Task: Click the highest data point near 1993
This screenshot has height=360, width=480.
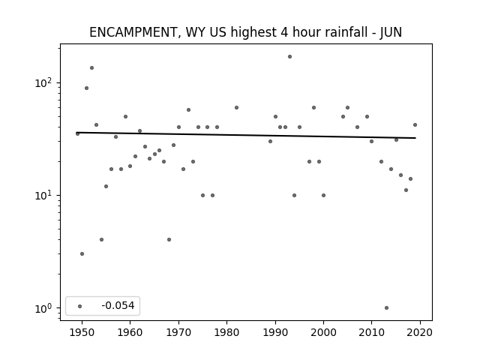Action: (289, 57)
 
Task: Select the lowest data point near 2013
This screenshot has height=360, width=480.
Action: (386, 308)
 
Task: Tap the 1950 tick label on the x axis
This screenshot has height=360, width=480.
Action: (82, 332)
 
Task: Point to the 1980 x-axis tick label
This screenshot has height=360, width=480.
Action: (226, 332)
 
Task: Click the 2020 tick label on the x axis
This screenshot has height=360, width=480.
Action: (420, 332)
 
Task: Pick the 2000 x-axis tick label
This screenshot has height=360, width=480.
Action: (323, 332)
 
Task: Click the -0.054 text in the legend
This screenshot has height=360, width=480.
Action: (118, 305)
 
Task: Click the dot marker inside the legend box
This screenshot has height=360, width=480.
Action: (80, 306)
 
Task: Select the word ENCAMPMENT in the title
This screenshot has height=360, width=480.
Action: (133, 32)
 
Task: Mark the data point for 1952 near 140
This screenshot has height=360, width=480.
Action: (91, 68)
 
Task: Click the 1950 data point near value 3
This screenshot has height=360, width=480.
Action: (82, 253)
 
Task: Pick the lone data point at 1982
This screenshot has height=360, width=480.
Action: (236, 108)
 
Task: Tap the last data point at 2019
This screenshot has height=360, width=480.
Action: (415, 125)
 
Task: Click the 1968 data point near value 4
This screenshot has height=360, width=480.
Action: (169, 240)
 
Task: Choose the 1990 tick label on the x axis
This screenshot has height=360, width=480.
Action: (275, 332)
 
